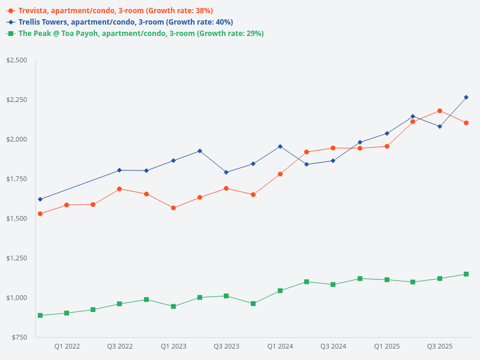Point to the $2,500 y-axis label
pyautogui.click(x=17, y=61)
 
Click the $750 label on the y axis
pyautogui.click(x=20, y=337)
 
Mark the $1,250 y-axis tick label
pyautogui.click(x=17, y=258)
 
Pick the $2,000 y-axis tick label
pyautogui.click(x=17, y=139)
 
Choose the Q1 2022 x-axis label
pyautogui.click(x=67, y=347)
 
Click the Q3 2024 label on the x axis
pyautogui.click(x=333, y=347)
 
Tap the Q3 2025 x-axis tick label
pyautogui.click(x=440, y=347)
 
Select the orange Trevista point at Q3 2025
pyautogui.click(x=440, y=111)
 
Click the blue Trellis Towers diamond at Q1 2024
pyautogui.click(x=280, y=146)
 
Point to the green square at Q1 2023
pyautogui.click(x=173, y=307)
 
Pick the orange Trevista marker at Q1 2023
pyautogui.click(x=173, y=208)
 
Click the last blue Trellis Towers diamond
pyautogui.click(x=466, y=97)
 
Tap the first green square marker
pyautogui.click(x=40, y=316)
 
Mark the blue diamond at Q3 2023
pyautogui.click(x=226, y=172)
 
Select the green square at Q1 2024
pyautogui.click(x=280, y=291)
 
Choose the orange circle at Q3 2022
pyautogui.click(x=119, y=189)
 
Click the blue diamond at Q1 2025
pyautogui.click(x=386, y=133)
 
